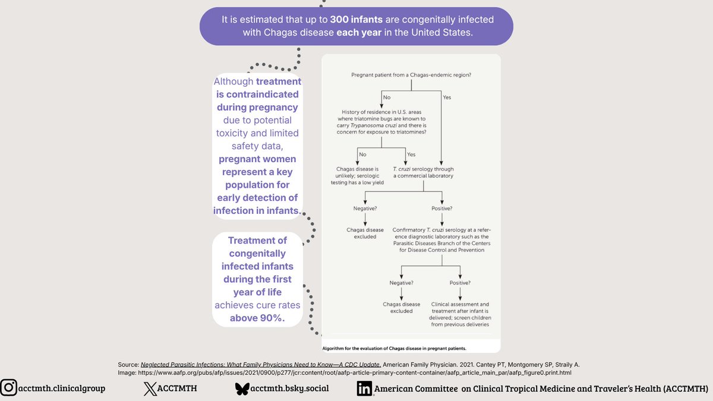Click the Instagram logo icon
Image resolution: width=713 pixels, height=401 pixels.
pyautogui.click(x=8, y=388)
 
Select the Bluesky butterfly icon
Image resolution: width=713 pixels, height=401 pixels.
pyautogui.click(x=242, y=389)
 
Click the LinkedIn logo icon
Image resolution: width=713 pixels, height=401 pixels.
pyautogui.click(x=364, y=389)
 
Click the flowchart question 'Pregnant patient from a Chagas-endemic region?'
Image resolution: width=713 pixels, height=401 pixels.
pyautogui.click(x=411, y=75)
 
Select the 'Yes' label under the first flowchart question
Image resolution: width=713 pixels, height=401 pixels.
pyautogui.click(x=447, y=97)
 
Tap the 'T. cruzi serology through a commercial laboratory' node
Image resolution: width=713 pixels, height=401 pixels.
pyautogui.click(x=422, y=172)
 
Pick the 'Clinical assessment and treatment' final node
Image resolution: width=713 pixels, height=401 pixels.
pyautogui.click(x=459, y=314)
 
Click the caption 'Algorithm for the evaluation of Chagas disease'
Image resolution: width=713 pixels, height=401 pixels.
pyautogui.click(x=394, y=348)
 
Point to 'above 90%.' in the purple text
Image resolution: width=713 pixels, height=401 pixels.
pyautogui.click(x=257, y=318)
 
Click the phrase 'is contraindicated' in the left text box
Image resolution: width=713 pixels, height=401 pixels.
pyautogui.click(x=257, y=94)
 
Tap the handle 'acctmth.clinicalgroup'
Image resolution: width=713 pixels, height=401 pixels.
pyautogui.click(x=62, y=388)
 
